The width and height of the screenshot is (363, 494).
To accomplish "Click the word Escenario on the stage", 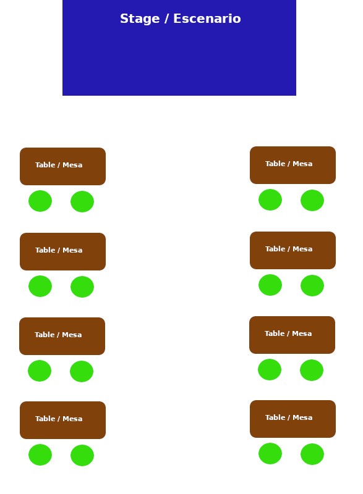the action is pos(207,19).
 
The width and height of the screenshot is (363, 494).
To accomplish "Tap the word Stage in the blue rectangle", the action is pos(140,19).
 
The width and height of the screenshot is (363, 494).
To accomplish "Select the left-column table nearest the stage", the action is pos(62,166).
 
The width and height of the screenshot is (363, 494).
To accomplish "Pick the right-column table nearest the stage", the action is pos(293,165).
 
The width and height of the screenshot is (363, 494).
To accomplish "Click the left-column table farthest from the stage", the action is pos(62,420).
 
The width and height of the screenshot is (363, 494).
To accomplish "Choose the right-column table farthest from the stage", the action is pos(293,419).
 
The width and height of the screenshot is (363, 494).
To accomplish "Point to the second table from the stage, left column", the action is pos(62,251).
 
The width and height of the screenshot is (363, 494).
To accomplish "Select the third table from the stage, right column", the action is pos(292,335).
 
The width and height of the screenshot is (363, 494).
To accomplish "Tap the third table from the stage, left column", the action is pos(62,336).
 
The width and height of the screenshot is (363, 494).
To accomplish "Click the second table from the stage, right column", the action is pos(293,250).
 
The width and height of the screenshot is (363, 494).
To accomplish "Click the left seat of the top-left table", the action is pos(40,201).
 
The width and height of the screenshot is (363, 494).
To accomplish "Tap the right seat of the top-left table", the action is pos(82,202).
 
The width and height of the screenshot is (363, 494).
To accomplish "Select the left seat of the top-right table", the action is pos(270,199).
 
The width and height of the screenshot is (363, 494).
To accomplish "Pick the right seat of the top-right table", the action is pos(312,200).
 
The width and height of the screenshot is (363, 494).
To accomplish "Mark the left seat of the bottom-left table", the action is pos(40,454).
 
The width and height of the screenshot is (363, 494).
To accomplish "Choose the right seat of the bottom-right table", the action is pos(312,454).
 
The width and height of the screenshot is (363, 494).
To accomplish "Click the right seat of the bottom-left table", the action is pos(82,455).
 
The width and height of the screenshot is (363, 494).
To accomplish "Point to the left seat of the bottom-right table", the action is pos(270,453).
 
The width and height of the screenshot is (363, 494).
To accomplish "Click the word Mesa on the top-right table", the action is pos(302,164).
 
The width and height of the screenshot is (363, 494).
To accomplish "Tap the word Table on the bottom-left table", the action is pos(45,419).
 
